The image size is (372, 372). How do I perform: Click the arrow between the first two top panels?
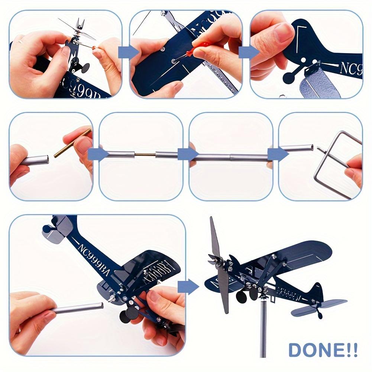click(x=126, y=52)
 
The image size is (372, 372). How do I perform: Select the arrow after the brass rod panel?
click(x=96, y=154)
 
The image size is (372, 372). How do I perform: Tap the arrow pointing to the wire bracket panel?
click(x=276, y=154)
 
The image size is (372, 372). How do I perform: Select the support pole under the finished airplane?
click(x=263, y=327)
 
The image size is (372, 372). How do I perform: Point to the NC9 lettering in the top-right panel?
click(x=351, y=69)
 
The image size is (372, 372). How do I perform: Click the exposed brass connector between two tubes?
click(x=145, y=154)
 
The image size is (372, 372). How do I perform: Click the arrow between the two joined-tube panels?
click(x=186, y=154)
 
